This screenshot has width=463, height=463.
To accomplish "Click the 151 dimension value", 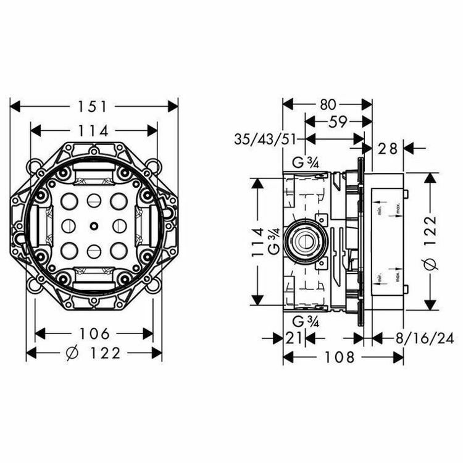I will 94,106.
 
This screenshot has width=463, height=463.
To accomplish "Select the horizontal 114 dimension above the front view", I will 94,130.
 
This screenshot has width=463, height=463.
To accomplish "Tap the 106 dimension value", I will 94,333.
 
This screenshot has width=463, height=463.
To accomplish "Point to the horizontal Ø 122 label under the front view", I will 94,353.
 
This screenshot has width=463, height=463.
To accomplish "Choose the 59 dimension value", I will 337,122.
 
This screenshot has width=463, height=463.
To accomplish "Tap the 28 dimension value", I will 388,148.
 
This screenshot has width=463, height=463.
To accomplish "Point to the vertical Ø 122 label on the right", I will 430,241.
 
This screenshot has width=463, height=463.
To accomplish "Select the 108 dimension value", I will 342,357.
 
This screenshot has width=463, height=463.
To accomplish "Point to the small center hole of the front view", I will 93,225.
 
